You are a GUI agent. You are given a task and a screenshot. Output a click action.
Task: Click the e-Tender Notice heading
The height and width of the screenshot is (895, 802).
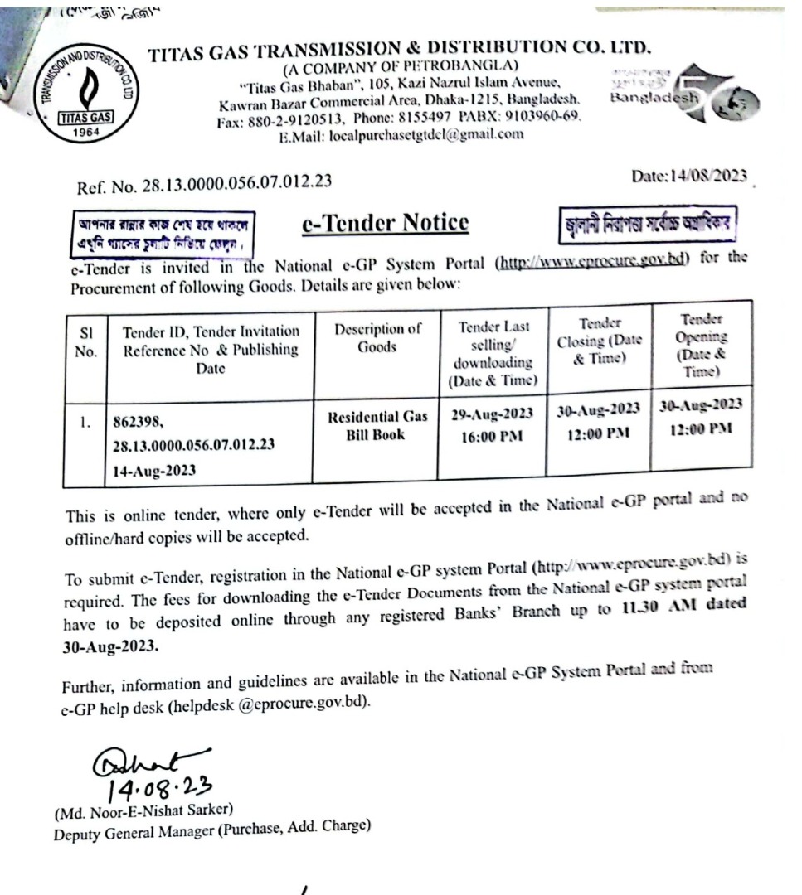tap(384, 223)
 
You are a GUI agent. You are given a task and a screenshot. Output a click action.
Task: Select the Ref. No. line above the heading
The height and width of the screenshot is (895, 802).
tap(205, 186)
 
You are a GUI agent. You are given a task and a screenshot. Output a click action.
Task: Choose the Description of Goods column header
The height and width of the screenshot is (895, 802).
tap(377, 337)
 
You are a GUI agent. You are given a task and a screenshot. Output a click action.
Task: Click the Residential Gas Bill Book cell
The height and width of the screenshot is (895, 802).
tap(377, 425)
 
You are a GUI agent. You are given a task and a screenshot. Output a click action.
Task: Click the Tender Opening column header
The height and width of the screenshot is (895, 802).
tap(702, 346)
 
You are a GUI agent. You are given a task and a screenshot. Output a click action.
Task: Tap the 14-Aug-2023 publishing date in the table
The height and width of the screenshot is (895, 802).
tap(154, 469)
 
